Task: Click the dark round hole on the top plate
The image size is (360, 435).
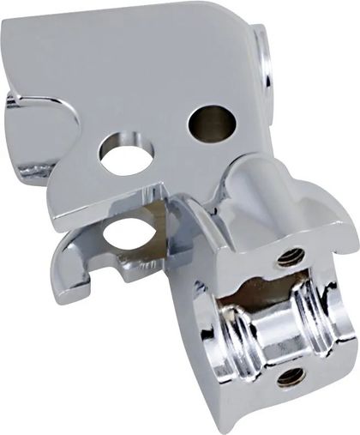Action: click(211, 122)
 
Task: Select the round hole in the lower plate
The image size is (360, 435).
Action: click(130, 233)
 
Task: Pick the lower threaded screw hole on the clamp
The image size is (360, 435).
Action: click(285, 375)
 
